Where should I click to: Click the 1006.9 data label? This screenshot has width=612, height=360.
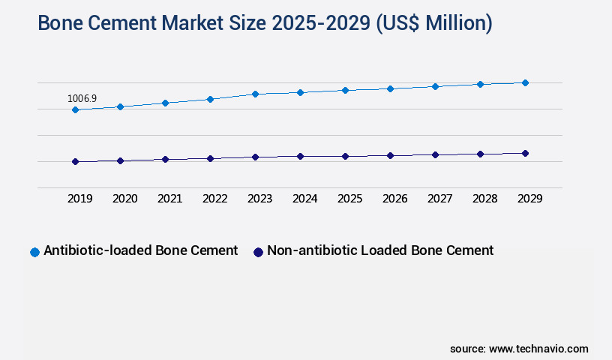tap(82, 98)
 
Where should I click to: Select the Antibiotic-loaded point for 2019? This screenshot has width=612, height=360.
tap(75, 109)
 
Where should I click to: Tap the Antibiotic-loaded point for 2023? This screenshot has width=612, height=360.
tap(255, 94)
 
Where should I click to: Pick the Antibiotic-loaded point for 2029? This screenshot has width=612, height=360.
tap(525, 82)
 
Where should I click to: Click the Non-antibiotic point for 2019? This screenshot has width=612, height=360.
tap(75, 161)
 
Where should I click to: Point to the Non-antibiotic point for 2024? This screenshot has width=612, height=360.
tap(300, 156)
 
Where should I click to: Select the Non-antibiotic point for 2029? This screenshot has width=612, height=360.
tap(525, 153)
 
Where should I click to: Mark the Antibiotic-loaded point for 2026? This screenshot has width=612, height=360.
tap(390, 88)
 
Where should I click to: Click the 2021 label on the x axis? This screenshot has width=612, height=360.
tap(169, 199)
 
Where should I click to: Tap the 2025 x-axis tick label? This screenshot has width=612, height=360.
tap(349, 199)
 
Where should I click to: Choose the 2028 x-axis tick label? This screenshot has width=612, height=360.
tap(484, 199)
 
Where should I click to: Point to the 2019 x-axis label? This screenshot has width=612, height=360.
tap(79, 199)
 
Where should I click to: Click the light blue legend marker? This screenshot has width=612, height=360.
tap(34, 252)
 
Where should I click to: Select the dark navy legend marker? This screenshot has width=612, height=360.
tap(258, 252)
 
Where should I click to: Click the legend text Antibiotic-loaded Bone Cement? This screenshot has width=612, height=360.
tap(140, 250)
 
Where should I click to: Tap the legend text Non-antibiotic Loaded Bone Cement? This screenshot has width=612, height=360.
tap(380, 250)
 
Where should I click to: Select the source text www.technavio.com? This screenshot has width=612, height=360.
tap(538, 349)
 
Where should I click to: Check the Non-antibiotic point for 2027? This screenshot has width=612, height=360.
tap(435, 154)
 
